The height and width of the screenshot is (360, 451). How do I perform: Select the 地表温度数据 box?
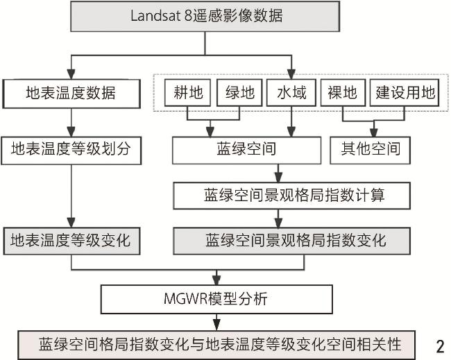click(71, 92)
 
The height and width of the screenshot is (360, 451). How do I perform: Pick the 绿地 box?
click(236, 92)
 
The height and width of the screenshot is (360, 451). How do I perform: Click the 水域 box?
click(291, 92)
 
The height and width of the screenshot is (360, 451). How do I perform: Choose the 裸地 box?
click(341, 92)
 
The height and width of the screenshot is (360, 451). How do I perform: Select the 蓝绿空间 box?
click(247, 148)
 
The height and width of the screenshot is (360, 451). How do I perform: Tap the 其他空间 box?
click(375, 148)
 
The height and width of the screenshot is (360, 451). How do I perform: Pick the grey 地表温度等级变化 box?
click(71, 241)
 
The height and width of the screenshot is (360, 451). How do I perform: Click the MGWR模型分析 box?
click(217, 300)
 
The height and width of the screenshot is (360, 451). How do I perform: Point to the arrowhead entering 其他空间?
click(375, 132)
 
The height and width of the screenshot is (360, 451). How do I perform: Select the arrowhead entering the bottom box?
click(217, 325)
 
